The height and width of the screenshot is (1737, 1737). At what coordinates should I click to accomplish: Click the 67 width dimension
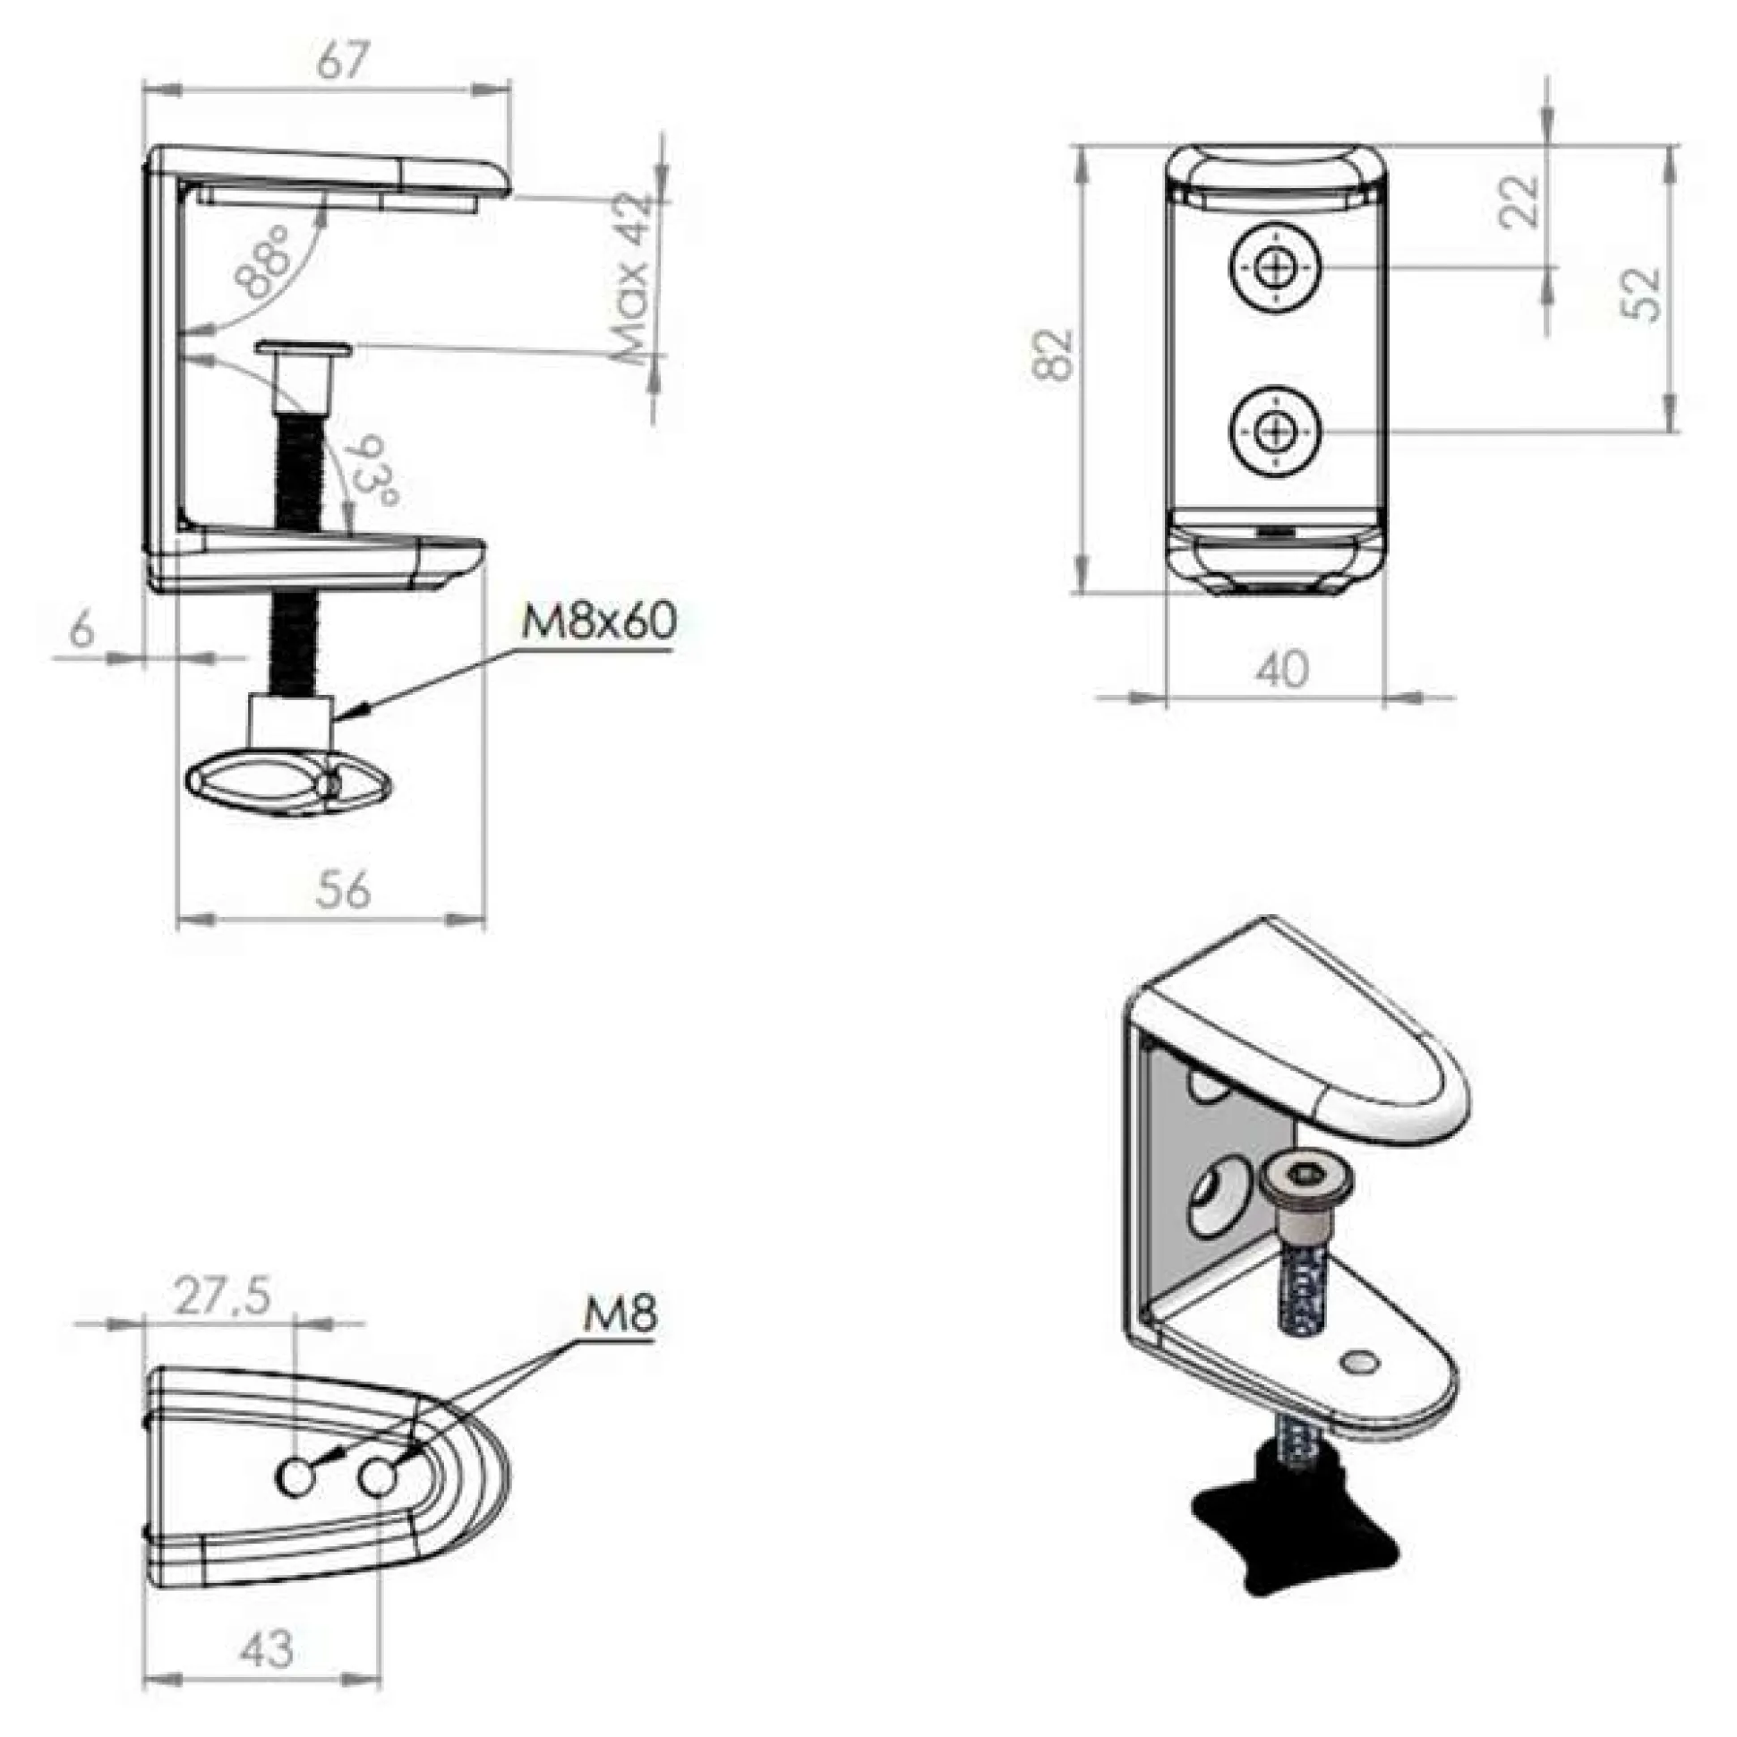(x=344, y=62)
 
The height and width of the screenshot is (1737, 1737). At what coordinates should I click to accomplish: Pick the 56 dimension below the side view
(x=344, y=889)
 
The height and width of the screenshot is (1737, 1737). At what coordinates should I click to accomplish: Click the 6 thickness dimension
(x=81, y=629)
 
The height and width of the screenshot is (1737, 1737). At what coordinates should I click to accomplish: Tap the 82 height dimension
(x=1053, y=355)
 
